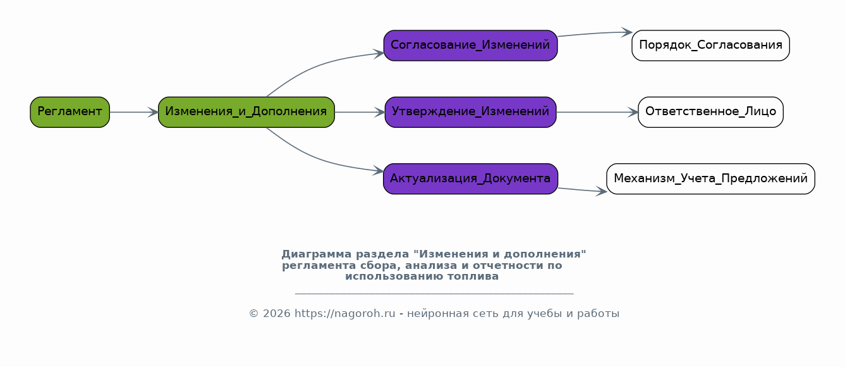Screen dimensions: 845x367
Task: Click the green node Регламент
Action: [x=70, y=112]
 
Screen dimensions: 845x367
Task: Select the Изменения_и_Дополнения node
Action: [x=246, y=112]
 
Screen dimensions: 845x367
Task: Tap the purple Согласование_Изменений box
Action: [x=470, y=46]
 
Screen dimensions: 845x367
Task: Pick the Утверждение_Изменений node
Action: [x=470, y=112]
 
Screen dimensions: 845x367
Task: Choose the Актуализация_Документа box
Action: [x=470, y=179]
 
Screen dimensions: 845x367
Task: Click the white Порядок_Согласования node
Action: [x=711, y=46]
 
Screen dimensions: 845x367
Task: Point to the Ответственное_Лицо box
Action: [x=711, y=112]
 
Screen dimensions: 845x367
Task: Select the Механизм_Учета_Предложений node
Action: [x=711, y=179]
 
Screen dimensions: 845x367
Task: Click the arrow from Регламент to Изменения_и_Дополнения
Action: [x=134, y=112]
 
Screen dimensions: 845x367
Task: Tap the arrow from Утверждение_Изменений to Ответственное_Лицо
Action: [x=597, y=112]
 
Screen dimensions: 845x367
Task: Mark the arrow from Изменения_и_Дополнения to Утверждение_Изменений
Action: [x=360, y=112]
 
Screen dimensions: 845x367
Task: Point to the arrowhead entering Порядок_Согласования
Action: [x=627, y=32]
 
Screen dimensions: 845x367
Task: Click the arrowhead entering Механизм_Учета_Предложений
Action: [x=601, y=192]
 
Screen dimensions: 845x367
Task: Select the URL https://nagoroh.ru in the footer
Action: [x=345, y=313]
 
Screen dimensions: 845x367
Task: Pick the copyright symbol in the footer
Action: [x=253, y=314]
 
